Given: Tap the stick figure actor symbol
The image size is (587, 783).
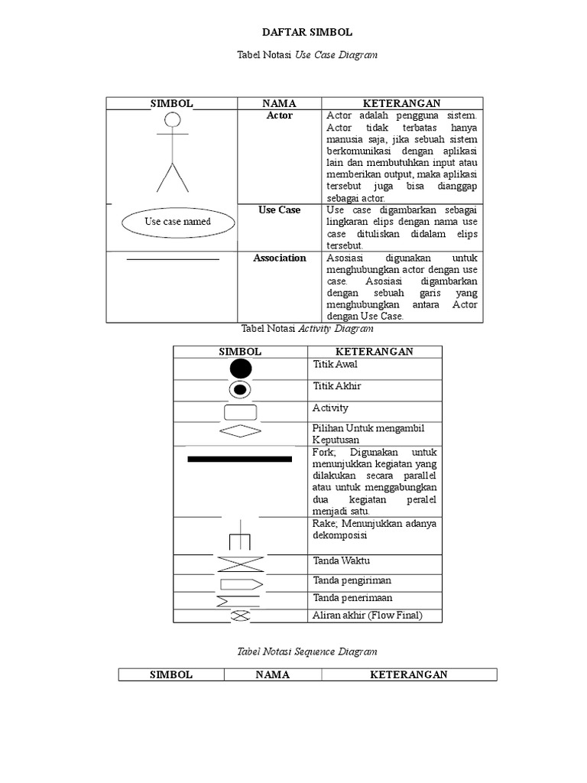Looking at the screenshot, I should [173, 153].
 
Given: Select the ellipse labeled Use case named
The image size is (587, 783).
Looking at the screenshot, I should [177, 222].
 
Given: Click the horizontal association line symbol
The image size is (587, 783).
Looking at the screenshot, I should [173, 260].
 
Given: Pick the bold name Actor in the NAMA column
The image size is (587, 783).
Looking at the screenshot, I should [279, 115].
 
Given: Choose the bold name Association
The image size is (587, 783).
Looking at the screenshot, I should [279, 258].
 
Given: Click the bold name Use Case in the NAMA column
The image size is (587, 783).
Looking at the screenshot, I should [279, 210].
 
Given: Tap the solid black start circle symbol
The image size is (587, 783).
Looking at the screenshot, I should [240, 369].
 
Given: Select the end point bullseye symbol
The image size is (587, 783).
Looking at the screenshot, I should [240, 390].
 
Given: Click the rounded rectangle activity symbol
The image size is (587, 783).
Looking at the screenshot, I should [240, 412].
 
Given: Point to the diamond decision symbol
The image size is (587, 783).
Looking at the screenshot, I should [240, 431].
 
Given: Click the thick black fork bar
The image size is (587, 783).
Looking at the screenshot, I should [240, 459].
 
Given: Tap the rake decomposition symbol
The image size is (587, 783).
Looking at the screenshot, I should [240, 538].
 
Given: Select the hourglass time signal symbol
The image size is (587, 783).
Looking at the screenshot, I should [240, 564].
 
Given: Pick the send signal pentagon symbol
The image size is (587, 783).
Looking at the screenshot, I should [241, 584].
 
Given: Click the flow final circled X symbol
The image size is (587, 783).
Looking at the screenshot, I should [240, 616].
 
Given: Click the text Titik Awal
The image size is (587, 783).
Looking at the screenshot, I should [335, 365].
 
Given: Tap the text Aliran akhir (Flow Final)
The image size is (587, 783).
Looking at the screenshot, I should [367, 615].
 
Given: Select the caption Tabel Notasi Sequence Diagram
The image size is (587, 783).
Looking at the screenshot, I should [307, 651].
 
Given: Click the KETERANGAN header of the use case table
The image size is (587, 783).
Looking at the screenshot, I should [402, 103].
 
